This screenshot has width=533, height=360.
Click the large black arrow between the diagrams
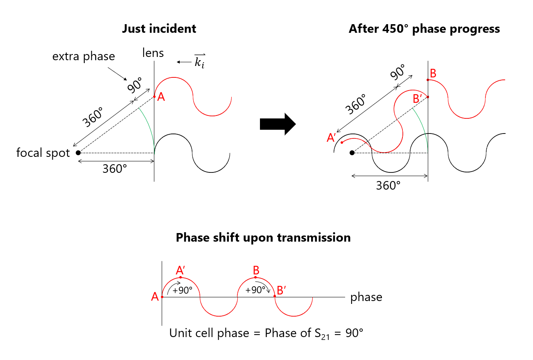coord(277,123)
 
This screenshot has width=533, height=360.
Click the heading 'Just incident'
coord(159,29)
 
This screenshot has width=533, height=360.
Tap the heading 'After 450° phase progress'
coord(424,29)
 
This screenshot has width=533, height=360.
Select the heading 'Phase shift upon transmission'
coord(263,238)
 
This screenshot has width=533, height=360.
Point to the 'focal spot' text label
coord(43,153)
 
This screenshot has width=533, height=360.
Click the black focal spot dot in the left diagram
coord(78,153)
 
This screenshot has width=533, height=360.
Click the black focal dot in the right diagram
coord(352,153)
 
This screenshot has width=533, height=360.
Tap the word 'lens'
coord(153,52)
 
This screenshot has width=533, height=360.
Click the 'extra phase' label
coord(84,57)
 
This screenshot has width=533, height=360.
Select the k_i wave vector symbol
coord(199,61)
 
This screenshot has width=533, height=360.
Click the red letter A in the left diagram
coord(161,97)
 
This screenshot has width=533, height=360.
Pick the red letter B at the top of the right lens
coord(433,74)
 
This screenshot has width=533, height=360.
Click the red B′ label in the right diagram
coord(418,99)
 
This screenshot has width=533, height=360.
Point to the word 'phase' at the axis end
coord(366,297)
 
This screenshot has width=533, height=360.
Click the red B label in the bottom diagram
coord(256,270)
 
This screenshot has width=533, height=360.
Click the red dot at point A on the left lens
coord(154,97)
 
